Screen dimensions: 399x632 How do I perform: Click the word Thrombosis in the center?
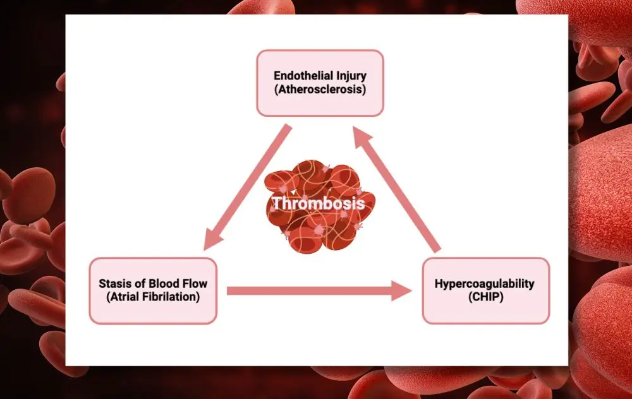tap(319, 203)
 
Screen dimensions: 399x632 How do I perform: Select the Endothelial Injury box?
tap(319, 83)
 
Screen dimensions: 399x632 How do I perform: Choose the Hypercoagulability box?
tap(485, 290)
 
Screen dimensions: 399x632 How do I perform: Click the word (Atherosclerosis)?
tap(319, 90)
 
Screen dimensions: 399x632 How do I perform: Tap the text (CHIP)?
tap(484, 297)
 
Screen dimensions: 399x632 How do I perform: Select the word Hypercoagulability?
tap(484, 283)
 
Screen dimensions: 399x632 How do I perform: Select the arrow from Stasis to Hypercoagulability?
tap(310, 290)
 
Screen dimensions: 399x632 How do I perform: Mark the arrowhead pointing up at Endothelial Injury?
tap(362, 136)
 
